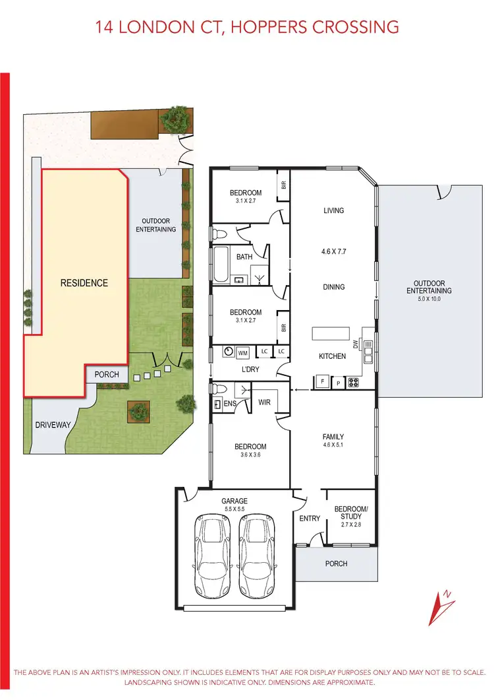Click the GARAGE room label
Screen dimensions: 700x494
234,501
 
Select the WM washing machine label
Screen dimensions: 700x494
242,354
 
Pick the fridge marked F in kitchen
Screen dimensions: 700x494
323,381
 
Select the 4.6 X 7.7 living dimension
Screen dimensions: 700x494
333,251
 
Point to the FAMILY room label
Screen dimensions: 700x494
333,437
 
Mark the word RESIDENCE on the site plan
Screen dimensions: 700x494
84,283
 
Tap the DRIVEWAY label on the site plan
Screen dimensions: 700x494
53,425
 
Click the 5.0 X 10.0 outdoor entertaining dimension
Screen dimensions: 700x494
429,298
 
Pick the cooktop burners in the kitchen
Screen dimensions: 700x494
352,381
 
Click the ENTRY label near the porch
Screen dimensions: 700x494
310,519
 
